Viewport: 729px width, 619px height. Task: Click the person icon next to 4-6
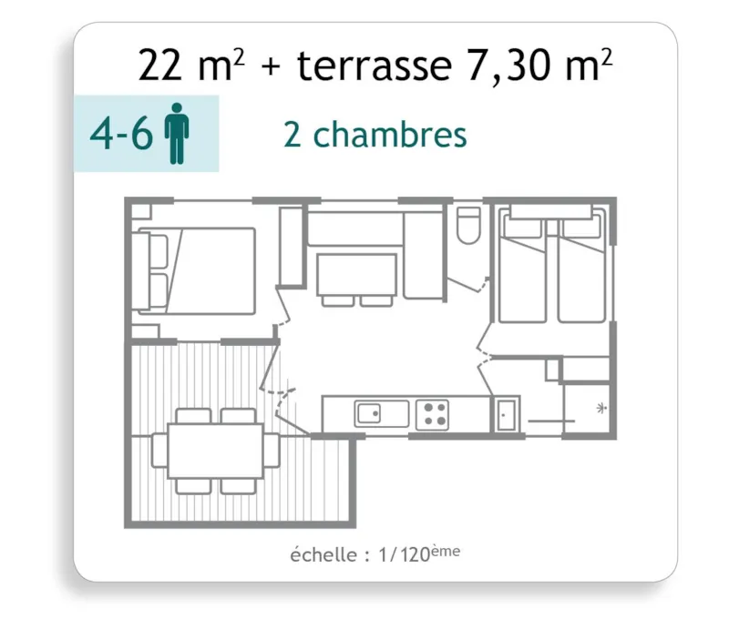pyautogui.click(x=177, y=135)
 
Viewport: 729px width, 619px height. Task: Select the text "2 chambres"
pyautogui.click(x=375, y=135)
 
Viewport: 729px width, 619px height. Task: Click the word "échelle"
pyautogui.click(x=322, y=554)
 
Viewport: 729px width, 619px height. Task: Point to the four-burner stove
pyautogui.click(x=432, y=415)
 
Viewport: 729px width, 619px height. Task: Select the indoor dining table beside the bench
pyautogui.click(x=356, y=274)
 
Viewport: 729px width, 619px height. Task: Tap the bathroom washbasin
pyautogui.click(x=506, y=415)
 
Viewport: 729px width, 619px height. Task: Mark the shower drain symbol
pyautogui.click(x=601, y=408)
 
